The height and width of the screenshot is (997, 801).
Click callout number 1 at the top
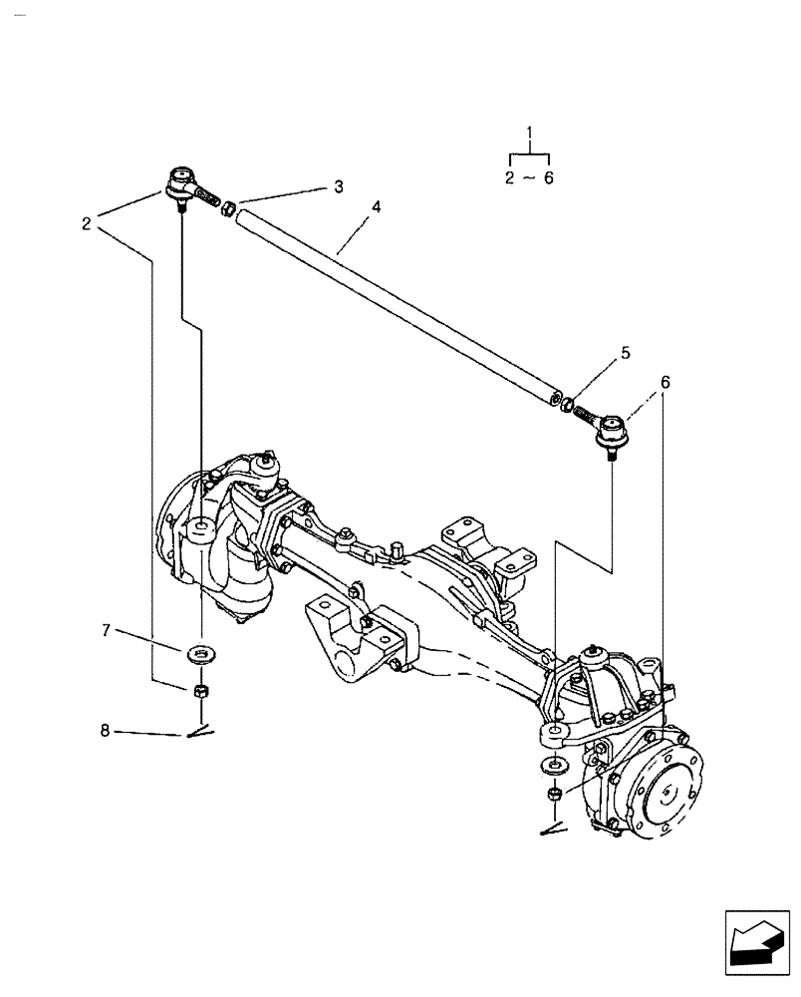click(530, 133)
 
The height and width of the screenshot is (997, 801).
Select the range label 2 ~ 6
click(529, 177)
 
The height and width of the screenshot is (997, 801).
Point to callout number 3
click(339, 186)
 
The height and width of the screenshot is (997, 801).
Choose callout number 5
click(626, 352)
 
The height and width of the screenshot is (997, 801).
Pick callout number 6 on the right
click(665, 382)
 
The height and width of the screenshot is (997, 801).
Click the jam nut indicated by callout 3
click(227, 210)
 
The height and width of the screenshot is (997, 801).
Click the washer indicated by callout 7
click(202, 653)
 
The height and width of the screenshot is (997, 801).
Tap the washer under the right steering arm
click(552, 767)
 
